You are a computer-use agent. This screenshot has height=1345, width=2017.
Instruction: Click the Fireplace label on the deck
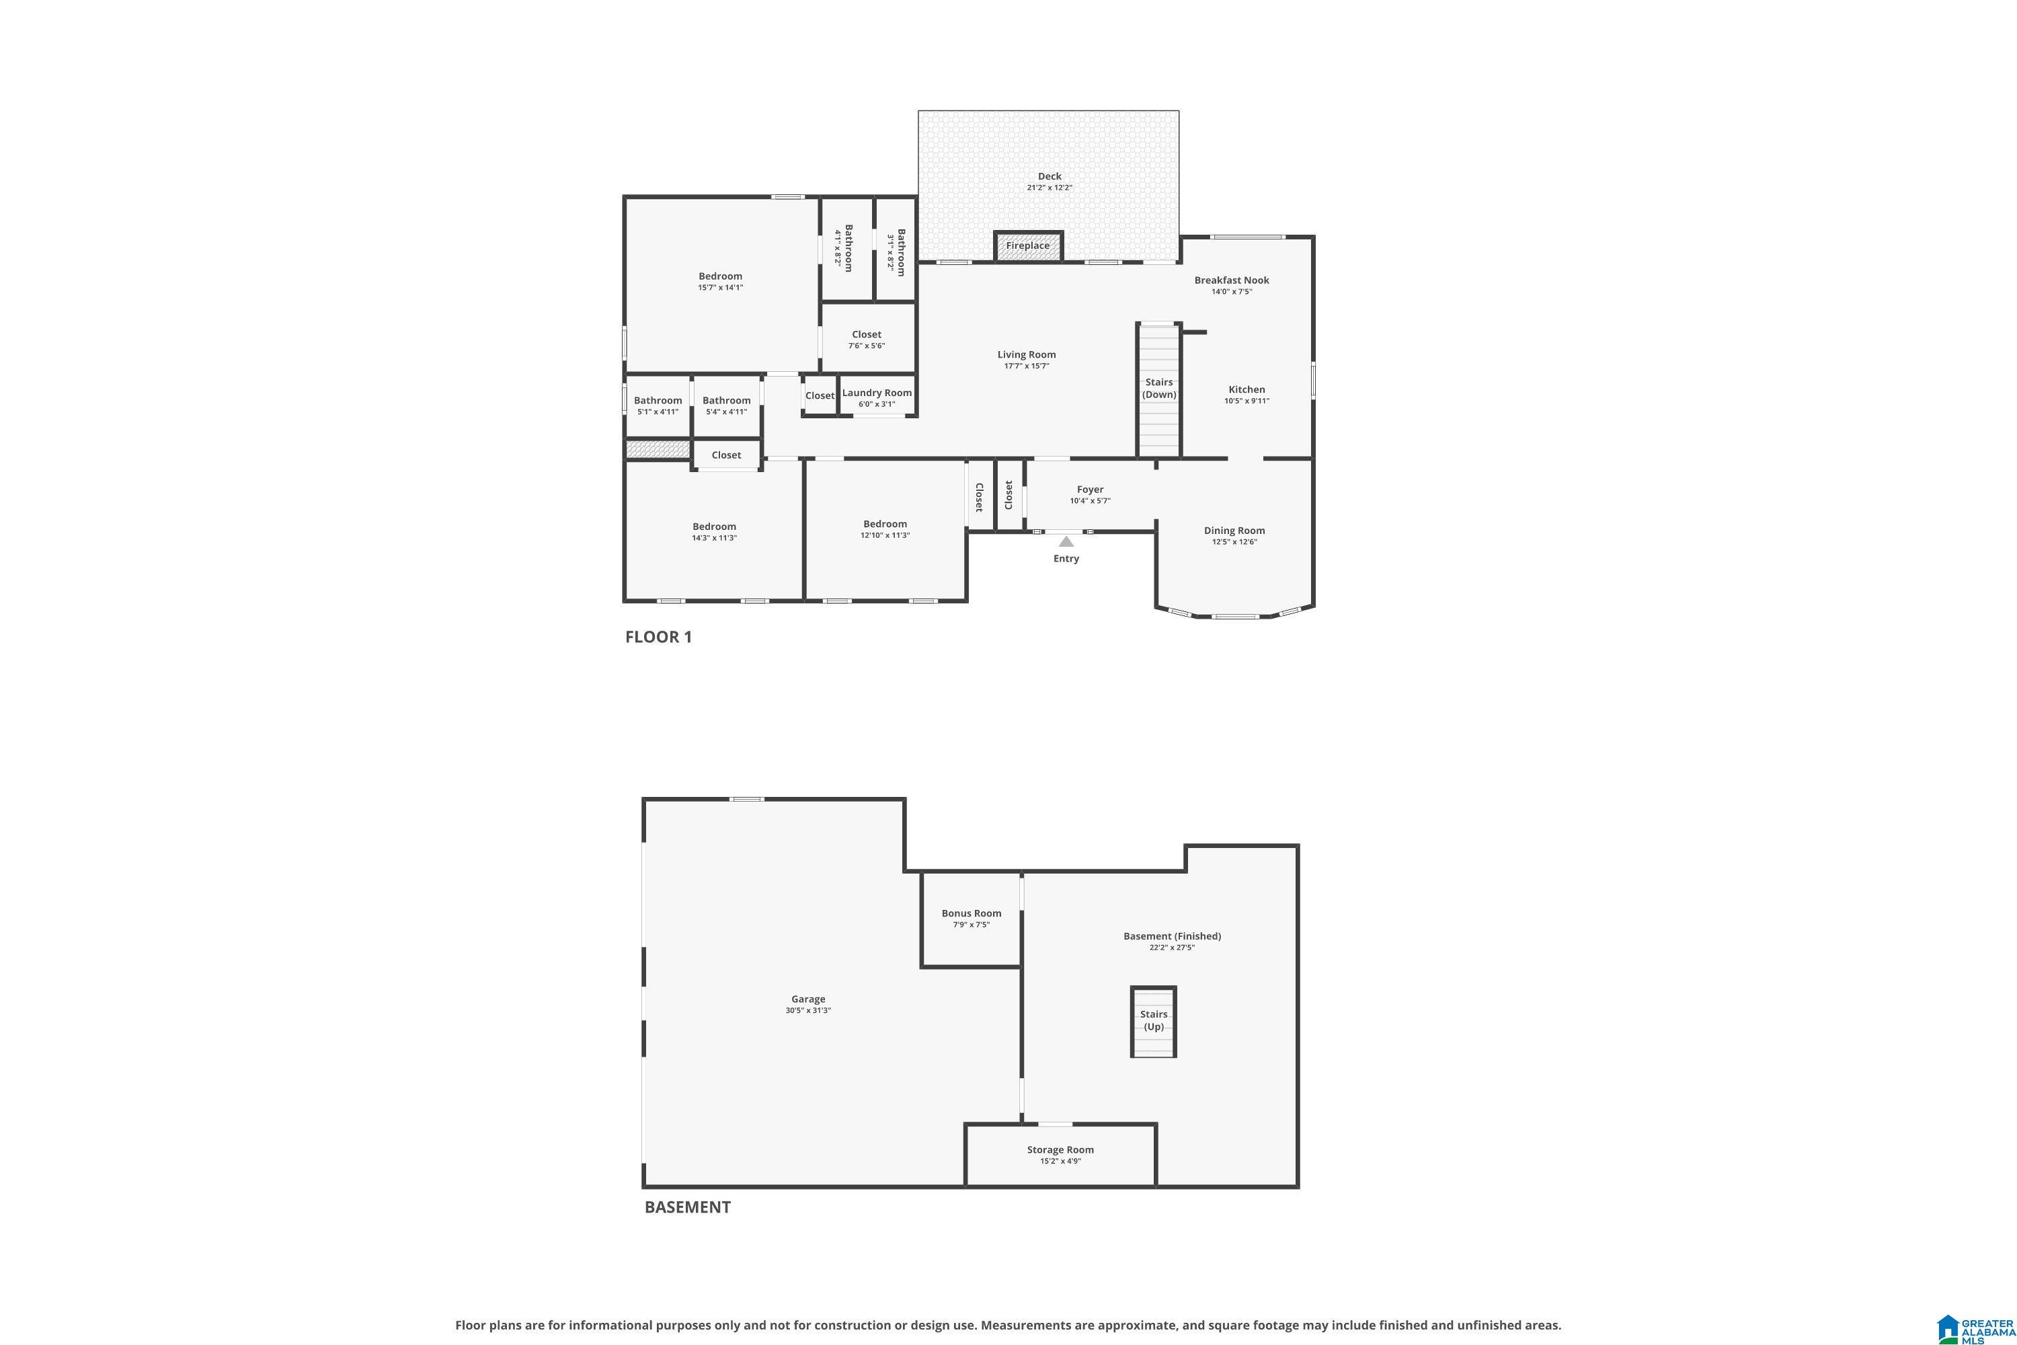pos(1027,245)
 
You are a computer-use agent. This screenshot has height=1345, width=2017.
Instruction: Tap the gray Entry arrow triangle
pos(1066,541)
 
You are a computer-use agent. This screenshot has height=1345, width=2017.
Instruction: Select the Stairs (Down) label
pos(1158,389)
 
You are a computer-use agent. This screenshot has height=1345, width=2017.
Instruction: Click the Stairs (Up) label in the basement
pos(1154,1021)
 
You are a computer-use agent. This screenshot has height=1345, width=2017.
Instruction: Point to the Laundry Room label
pos(877,393)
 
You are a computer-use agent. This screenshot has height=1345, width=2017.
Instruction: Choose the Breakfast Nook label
pos(1232,280)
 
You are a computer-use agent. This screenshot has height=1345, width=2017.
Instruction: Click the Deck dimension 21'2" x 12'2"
pos(1050,188)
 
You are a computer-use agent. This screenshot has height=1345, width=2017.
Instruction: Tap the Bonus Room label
pos(971,913)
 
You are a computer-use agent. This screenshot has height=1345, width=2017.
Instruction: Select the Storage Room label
pos(1060,1150)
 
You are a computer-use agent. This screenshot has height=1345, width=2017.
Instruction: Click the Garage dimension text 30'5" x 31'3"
pos(808,1011)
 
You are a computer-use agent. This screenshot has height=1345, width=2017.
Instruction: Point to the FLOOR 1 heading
pos(658,636)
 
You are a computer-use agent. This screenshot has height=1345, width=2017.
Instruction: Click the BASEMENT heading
pos(688,1207)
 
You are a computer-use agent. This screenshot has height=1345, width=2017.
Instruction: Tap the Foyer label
pos(1090,490)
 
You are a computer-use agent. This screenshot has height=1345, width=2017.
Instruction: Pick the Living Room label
pos(1027,354)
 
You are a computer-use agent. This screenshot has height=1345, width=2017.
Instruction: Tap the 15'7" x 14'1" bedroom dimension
pos(720,287)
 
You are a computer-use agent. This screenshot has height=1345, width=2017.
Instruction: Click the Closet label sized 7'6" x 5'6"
pos(866,334)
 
